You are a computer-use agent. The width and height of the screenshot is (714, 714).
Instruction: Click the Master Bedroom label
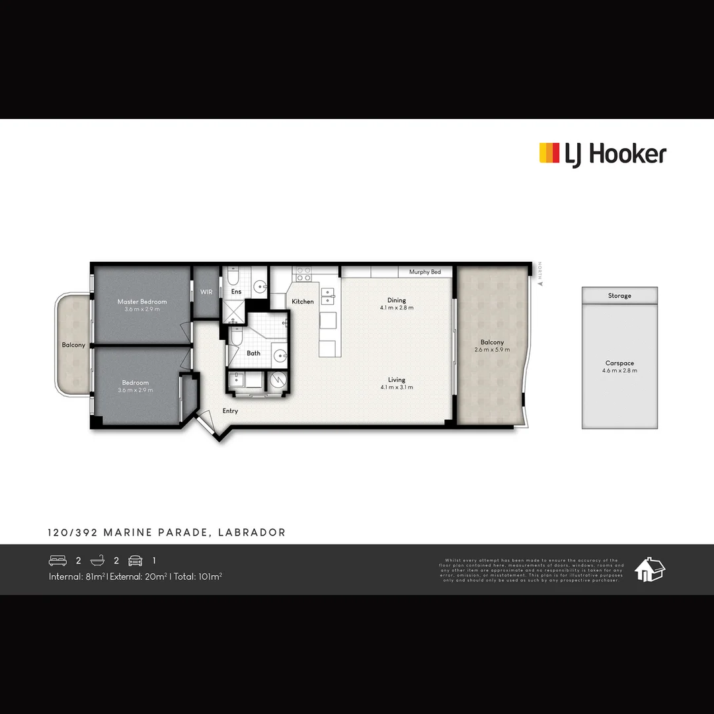coord(142,301)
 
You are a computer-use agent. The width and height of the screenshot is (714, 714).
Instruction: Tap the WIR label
coord(206,292)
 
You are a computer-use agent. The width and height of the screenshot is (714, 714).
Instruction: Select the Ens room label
coord(236,292)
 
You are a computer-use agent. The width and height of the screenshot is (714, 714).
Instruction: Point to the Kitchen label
coord(303,301)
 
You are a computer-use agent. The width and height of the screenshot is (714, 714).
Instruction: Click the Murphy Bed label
coord(425,272)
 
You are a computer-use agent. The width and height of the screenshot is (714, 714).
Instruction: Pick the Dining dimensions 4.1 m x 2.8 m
coord(397,308)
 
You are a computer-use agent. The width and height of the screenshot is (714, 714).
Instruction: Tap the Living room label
coord(397,379)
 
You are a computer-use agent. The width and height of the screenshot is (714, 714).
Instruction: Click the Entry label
coord(230,411)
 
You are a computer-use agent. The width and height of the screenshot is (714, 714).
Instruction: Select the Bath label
coord(254,353)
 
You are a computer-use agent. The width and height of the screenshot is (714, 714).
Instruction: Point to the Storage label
coord(619,296)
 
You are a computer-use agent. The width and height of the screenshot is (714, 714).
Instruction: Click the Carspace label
coord(619,363)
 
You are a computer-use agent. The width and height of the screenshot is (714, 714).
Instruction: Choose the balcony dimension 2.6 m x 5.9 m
coord(493,350)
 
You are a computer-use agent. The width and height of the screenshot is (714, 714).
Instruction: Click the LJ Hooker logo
coord(603,154)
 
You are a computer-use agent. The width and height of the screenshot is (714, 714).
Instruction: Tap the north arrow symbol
coord(541,283)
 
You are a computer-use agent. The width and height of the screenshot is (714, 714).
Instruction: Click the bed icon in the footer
coord(58,561)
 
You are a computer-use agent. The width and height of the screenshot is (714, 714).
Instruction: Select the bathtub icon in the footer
coord(98,561)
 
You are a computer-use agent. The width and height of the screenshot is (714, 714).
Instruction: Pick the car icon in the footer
coord(136,561)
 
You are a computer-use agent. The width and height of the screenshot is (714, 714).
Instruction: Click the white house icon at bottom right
coord(649,569)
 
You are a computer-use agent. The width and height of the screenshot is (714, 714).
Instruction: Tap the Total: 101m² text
coord(198,576)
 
